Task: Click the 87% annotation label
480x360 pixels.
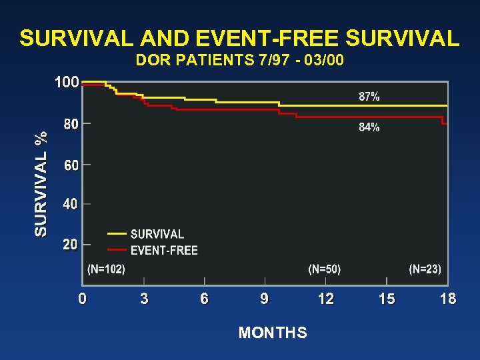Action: tap(369, 97)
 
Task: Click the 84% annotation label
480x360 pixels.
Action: tap(369, 127)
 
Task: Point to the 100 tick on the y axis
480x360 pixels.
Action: tap(66, 83)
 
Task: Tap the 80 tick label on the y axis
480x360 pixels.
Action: tap(70, 124)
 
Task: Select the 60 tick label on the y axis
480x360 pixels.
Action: tap(70, 165)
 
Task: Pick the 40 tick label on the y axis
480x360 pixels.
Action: tap(70, 205)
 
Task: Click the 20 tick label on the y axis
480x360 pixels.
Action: tap(70, 245)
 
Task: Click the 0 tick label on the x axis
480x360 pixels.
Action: tap(82, 299)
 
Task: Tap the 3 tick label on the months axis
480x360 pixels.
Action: tap(144, 299)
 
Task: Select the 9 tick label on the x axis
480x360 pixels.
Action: tap(265, 299)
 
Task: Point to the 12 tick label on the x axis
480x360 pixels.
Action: tap(326, 299)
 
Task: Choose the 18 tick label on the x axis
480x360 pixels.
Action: tap(448, 299)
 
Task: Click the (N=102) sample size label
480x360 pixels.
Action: tap(106, 269)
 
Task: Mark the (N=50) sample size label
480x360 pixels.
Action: tap(324, 269)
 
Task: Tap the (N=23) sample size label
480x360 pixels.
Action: tap(425, 269)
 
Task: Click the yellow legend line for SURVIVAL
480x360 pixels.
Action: tap(117, 234)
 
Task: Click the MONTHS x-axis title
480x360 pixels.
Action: tap(273, 333)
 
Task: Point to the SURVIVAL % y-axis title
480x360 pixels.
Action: tap(41, 183)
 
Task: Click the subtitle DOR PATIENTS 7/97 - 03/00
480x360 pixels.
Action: tap(240, 61)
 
